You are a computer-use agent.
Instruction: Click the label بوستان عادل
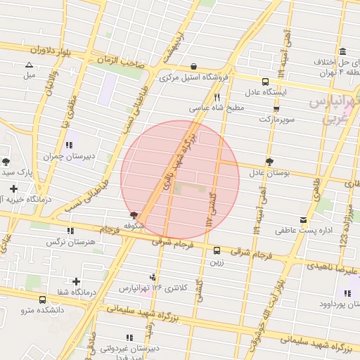[x=269, y=172]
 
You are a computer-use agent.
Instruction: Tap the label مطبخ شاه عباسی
[x=217, y=109]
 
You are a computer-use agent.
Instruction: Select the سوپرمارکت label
[x=274, y=120]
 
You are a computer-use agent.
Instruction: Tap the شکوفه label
[x=134, y=226]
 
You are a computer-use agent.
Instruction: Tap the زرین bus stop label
[x=216, y=262]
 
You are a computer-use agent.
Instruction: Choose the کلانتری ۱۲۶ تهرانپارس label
[x=154, y=288]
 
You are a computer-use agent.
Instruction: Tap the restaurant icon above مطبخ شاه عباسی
[x=217, y=97]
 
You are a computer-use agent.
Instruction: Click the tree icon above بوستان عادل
[x=269, y=161]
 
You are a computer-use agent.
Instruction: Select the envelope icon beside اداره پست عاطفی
[x=303, y=219]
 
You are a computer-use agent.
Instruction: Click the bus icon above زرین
[x=216, y=250]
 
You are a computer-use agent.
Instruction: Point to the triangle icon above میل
[x=29, y=64]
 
